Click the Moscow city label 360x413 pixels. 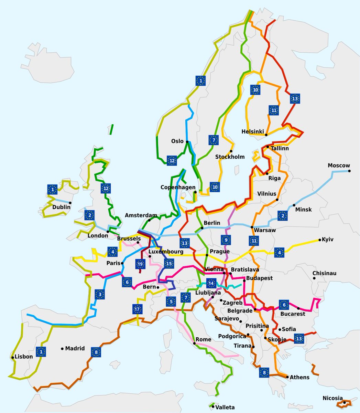pyautogui.click(x=339, y=166)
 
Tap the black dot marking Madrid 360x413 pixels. pyautogui.click(x=63, y=349)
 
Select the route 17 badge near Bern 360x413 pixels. pyautogui.click(x=138, y=309)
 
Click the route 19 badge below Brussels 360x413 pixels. pyautogui.click(x=140, y=264)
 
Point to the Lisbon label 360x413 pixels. pyautogui.click(x=24, y=357)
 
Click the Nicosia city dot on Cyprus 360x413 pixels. pyautogui.click(x=344, y=402)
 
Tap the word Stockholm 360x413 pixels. pyautogui.click(x=230, y=157)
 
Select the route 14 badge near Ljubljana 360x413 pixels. pyautogui.click(x=211, y=284)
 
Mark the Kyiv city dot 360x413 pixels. pyautogui.click(x=319, y=240)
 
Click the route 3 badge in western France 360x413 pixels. pyautogui.click(x=100, y=295)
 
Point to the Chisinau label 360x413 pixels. pyautogui.click(x=324, y=273)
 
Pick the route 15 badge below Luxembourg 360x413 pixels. pyautogui.click(x=168, y=264)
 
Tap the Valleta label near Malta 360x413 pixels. pyautogui.click(x=225, y=407)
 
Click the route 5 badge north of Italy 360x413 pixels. pyautogui.click(x=171, y=302)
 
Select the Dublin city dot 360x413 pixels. pyautogui.click(x=70, y=203)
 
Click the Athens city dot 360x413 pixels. pyautogui.click(x=287, y=377)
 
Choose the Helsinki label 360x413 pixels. pyautogui.click(x=253, y=131)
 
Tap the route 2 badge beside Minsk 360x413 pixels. pyautogui.click(x=283, y=216)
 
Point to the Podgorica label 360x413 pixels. pyautogui.click(x=232, y=336)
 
